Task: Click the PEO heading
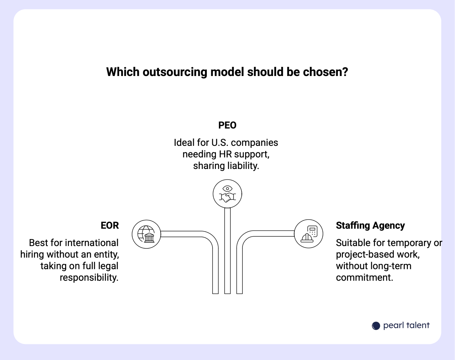pos(227,125)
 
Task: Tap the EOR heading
pos(110,226)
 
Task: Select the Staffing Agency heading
pos(370,226)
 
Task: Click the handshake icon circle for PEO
pos(227,194)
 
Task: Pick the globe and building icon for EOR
pos(146,234)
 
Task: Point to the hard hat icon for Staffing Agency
pos(308,234)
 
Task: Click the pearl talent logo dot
pos(376,326)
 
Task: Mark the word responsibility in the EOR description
pos(89,278)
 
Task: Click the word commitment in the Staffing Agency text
pos(364,278)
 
